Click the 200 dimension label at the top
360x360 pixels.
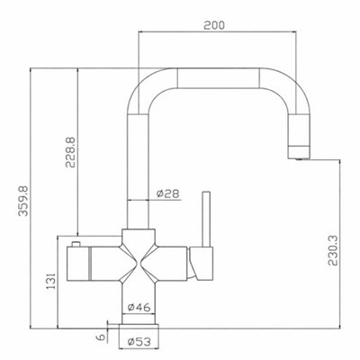pyautogui.click(x=214, y=25)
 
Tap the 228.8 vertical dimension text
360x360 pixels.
pyautogui.click(x=71, y=152)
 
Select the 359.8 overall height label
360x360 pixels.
pyautogui.click(x=23, y=201)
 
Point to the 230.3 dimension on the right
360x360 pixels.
pyautogui.click(x=333, y=250)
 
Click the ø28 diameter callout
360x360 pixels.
pyautogui.click(x=168, y=193)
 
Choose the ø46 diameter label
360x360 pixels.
pyautogui.click(x=139, y=307)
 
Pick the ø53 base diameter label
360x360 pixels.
pyautogui.click(x=139, y=342)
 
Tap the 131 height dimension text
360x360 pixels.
pyautogui.click(x=51, y=281)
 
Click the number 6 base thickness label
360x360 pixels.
pyautogui.click(x=101, y=337)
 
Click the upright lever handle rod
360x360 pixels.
pyautogui.click(x=206, y=219)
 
